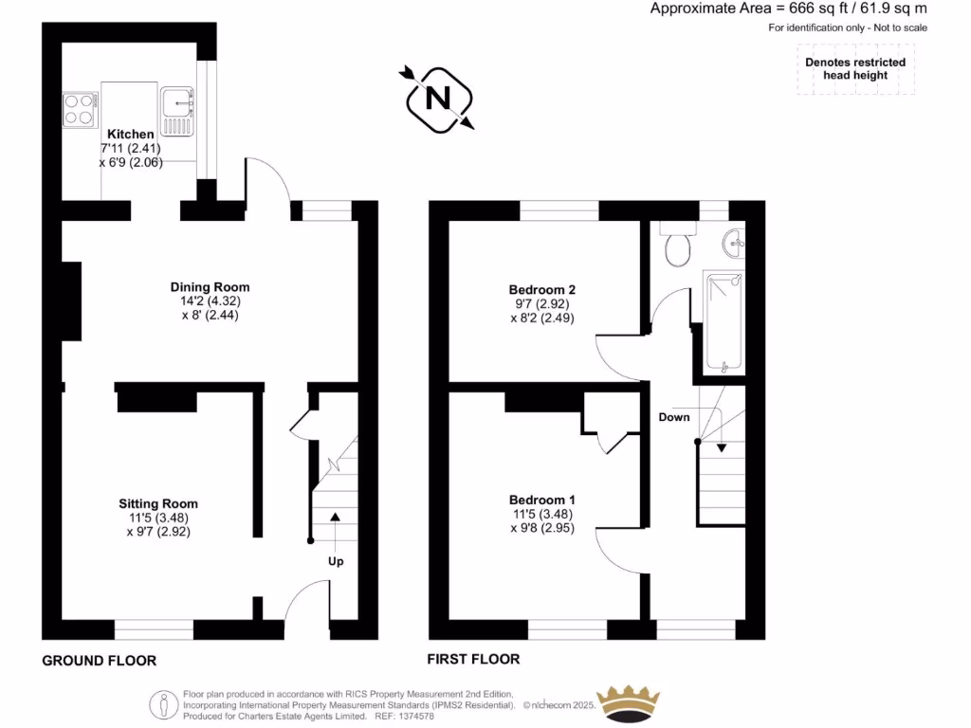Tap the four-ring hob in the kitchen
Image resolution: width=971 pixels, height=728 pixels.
pyautogui.click(x=79, y=108)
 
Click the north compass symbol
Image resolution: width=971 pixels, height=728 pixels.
pyautogui.click(x=438, y=98)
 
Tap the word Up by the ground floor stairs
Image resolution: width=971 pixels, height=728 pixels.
pyautogui.click(x=336, y=561)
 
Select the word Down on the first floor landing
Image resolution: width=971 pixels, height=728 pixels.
pyautogui.click(x=674, y=417)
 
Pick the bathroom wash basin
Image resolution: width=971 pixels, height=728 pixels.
pyautogui.click(x=733, y=244)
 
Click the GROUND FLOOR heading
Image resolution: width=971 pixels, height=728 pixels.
pyautogui.click(x=99, y=661)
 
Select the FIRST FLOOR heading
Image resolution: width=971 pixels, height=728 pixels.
pyautogui.click(x=474, y=659)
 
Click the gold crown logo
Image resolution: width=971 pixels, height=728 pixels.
pyautogui.click(x=626, y=703)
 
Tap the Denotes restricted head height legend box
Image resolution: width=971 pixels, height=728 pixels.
pyautogui.click(x=855, y=69)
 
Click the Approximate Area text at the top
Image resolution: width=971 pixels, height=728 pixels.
pyautogui.click(x=788, y=9)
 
